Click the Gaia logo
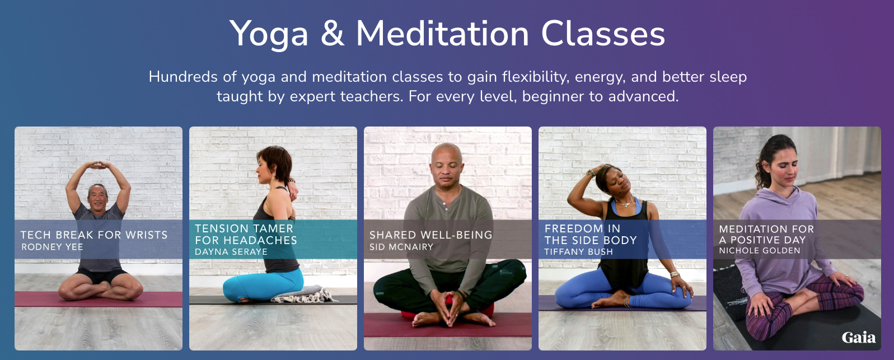click(x=859, y=338)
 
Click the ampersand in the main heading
click(x=332, y=34)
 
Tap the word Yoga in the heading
click(x=269, y=35)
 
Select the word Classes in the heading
click(x=603, y=34)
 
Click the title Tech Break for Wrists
click(x=94, y=235)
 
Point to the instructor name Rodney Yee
click(x=52, y=247)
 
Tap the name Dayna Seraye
click(x=231, y=252)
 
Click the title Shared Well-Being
click(x=431, y=235)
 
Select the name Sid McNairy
click(x=401, y=247)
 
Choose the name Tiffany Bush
click(x=579, y=252)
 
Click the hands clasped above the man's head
click(x=97, y=165)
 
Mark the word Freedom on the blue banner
click(x=574, y=228)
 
